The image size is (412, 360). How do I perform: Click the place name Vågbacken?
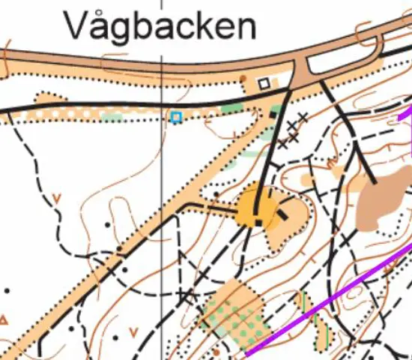[x=160, y=26]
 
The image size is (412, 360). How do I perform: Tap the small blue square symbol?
[x=176, y=117]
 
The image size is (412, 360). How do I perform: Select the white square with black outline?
[x=263, y=83]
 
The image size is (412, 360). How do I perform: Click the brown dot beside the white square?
[x=243, y=77]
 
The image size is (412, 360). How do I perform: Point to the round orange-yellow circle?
[x=255, y=208]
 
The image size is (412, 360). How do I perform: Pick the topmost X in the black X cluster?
[x=302, y=117]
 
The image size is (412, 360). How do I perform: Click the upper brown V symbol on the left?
[x=57, y=199]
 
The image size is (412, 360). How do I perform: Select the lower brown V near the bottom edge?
[x=133, y=331]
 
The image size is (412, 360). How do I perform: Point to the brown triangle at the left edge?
[x=4, y=320]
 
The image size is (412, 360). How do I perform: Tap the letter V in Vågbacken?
[x=75, y=26]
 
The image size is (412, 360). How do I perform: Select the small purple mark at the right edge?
[x=408, y=117]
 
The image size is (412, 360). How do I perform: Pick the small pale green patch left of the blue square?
[x=112, y=117]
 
